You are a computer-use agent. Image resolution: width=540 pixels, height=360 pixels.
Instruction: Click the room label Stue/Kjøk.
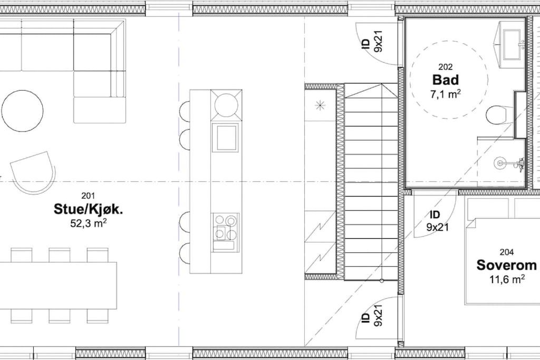coord(88,209)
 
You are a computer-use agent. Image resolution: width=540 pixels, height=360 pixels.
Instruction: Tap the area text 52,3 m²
coord(88,223)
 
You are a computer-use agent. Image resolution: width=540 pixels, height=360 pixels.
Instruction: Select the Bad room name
coord(446,80)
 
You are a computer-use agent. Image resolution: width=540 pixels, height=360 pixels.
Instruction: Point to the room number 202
coord(446,67)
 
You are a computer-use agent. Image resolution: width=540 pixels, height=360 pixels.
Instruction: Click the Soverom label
coord(506,265)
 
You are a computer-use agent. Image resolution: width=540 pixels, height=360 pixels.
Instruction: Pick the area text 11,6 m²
coord(507,279)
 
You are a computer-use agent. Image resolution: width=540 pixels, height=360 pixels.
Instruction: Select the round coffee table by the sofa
coord(22,111)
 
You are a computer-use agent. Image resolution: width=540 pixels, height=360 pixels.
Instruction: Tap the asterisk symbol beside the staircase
coord(320,105)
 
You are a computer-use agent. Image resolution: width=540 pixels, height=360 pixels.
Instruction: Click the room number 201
coord(88,196)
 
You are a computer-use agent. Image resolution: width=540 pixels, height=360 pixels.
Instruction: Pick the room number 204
coord(507,252)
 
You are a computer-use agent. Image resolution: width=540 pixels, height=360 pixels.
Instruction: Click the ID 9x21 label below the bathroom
coord(437,221)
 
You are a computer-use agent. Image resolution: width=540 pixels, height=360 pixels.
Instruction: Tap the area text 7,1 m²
coord(446,93)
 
